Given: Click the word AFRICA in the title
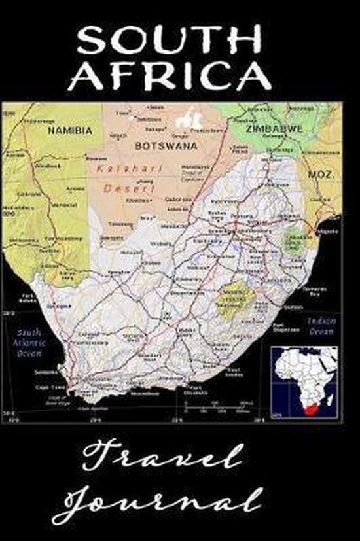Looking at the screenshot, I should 169,77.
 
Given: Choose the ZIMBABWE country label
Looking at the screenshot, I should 274,129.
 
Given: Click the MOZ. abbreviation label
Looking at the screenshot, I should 322,176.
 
